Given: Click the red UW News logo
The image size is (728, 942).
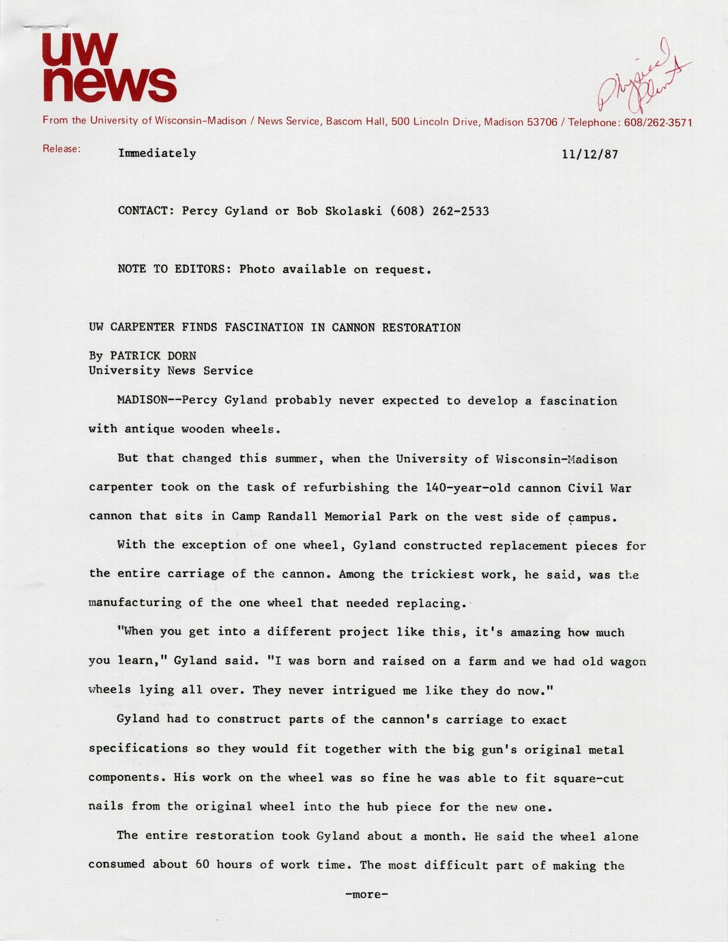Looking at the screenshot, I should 109,67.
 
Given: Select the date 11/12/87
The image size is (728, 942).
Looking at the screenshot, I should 589,154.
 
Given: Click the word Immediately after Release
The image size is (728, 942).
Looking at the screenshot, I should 157,154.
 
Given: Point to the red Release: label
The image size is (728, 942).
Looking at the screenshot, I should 61,149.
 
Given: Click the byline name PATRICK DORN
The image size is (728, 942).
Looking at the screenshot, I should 153,356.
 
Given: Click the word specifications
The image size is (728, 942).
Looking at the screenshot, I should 139,749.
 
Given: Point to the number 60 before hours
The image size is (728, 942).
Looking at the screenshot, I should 202,865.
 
